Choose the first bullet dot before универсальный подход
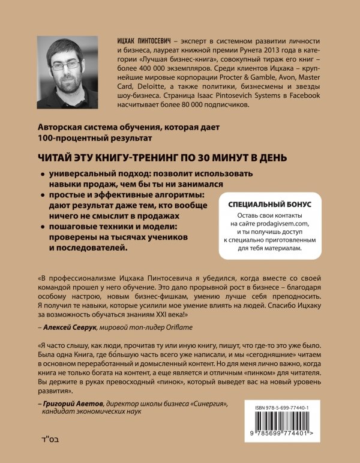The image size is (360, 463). (42, 174)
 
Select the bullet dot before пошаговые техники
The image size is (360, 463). (42, 228)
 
